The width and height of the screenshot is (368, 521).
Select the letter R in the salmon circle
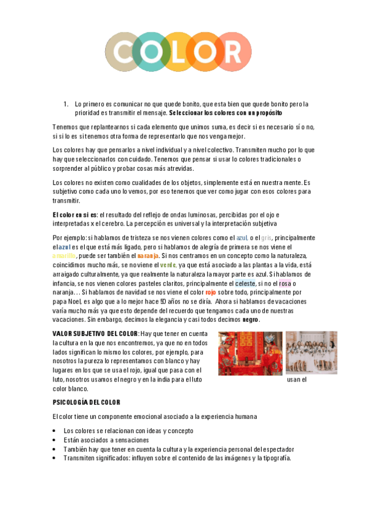click(x=235, y=52)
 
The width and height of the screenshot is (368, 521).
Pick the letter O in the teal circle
click(x=151, y=52)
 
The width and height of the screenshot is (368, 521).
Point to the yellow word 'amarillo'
click(x=65, y=255)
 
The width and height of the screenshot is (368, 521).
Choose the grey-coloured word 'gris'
click(x=266, y=237)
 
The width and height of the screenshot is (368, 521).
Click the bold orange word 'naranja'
click(x=148, y=255)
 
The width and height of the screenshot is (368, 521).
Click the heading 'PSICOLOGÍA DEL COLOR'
click(x=86, y=402)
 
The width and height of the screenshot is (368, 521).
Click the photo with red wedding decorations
click(x=250, y=353)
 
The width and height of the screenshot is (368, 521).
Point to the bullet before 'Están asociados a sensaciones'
click(x=55, y=440)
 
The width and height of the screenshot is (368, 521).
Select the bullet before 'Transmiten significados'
click(x=55, y=458)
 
